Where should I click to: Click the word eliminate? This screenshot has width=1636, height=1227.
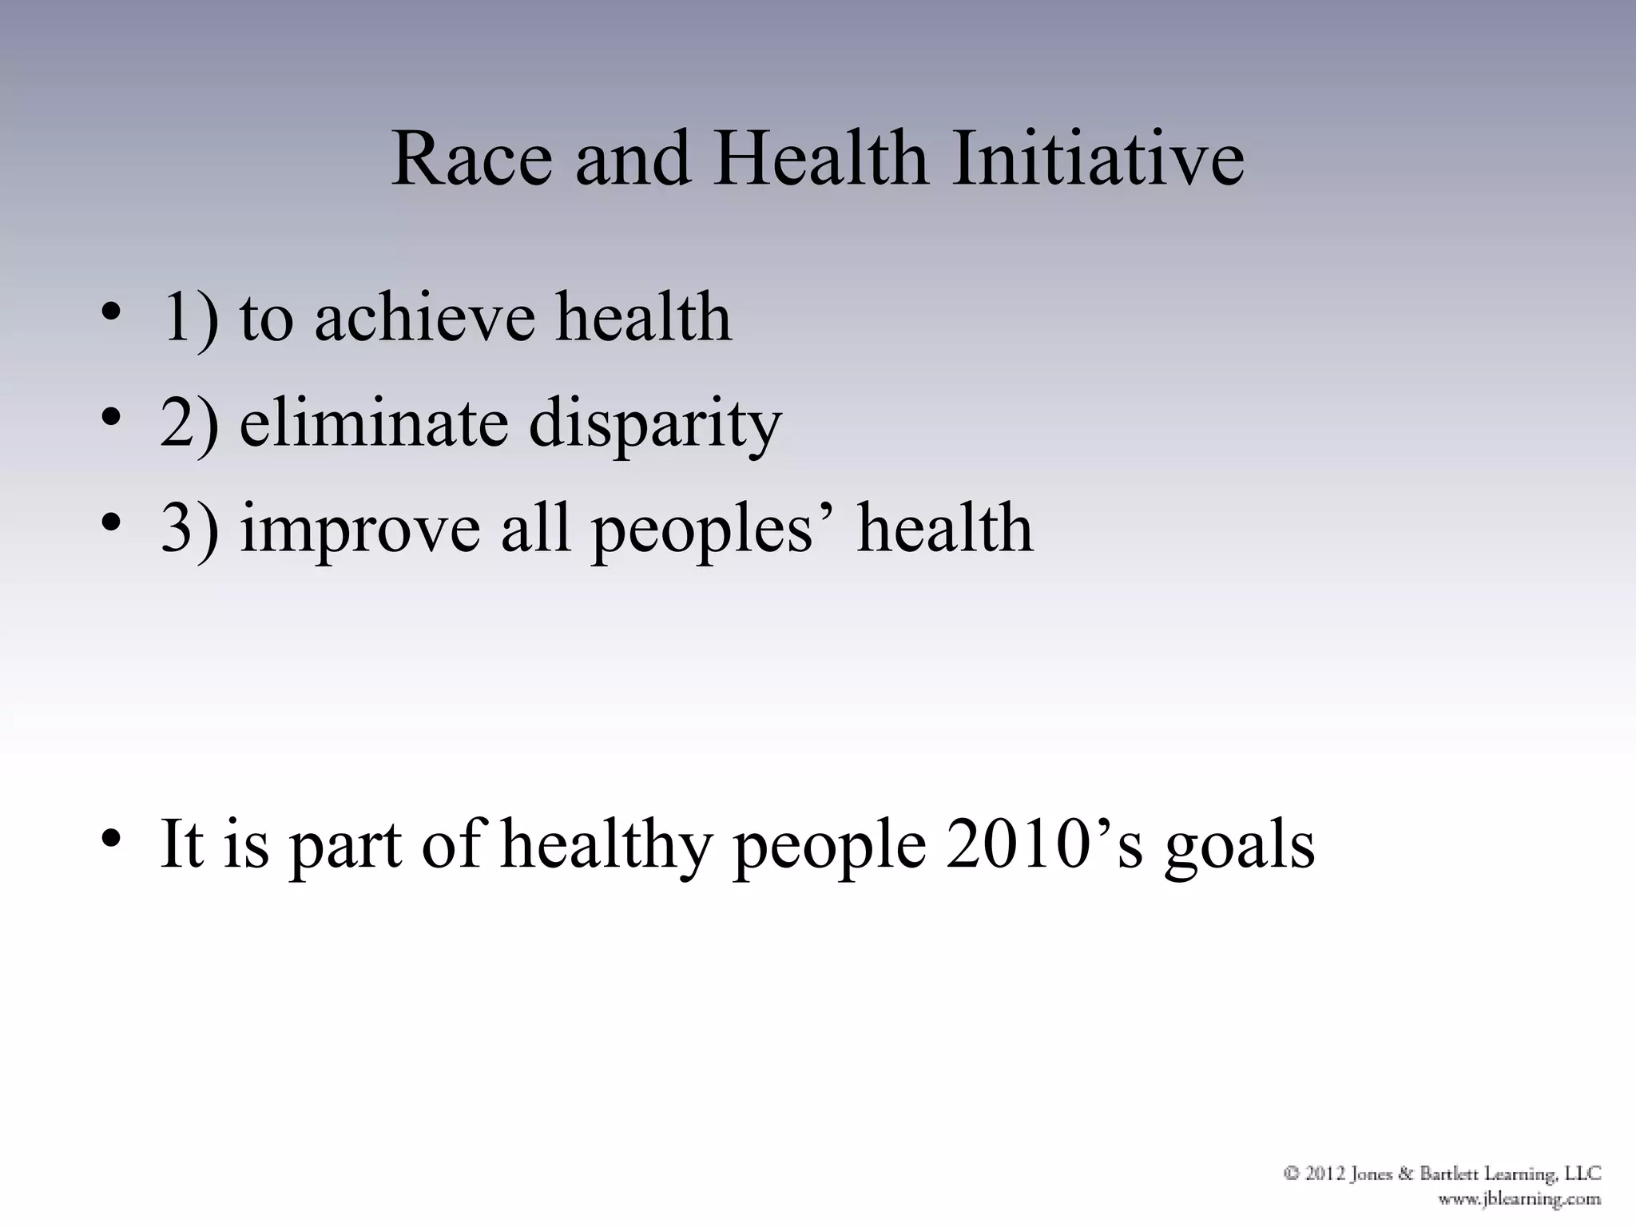click(x=373, y=423)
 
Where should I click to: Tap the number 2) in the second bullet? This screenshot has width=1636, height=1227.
click(x=189, y=423)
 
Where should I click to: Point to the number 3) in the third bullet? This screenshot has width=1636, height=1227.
click(x=189, y=529)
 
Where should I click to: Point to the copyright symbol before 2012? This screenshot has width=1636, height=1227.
click(x=1292, y=1173)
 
